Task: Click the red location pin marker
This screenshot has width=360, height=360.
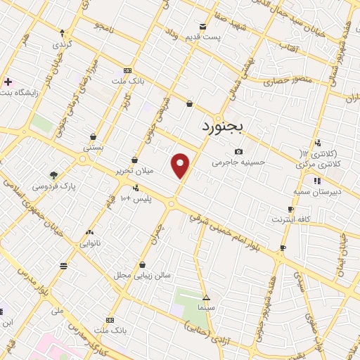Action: click(x=181, y=165)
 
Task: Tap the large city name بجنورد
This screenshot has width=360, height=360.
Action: click(x=221, y=127)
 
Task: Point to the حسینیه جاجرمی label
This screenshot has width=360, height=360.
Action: click(x=239, y=162)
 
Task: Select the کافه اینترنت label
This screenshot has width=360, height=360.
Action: click(x=290, y=219)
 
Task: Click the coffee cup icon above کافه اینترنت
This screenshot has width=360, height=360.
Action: click(x=290, y=210)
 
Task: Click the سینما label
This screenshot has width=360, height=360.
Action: click(x=206, y=307)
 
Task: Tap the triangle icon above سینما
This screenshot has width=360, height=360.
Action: click(x=206, y=297)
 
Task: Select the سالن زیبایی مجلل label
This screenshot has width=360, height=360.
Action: click(x=144, y=275)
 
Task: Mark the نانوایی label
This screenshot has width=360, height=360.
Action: click(x=89, y=243)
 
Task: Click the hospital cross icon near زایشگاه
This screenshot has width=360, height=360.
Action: click(x=7, y=82)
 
